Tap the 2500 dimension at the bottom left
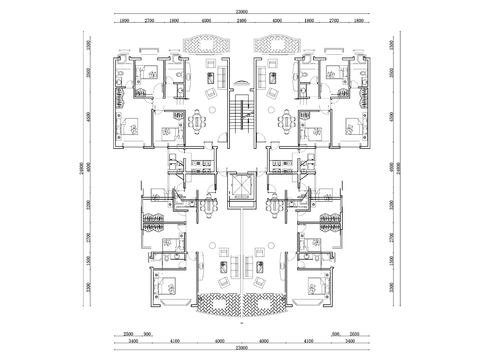(x=128, y=334)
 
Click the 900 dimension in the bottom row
(x=147, y=334)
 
